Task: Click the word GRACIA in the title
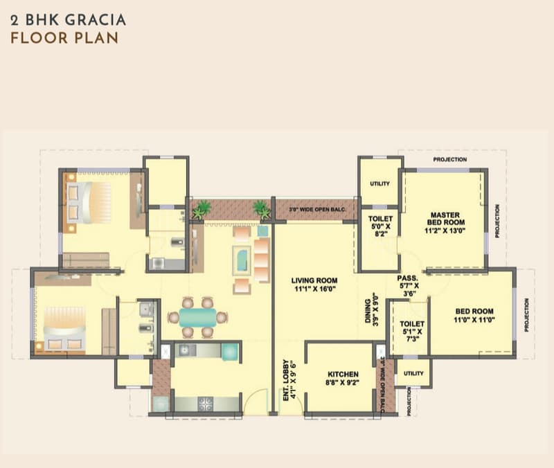tap(96, 20)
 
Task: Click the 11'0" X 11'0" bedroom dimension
tap(474, 320)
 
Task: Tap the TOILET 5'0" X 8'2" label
tap(380, 226)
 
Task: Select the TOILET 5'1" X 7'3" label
tap(412, 331)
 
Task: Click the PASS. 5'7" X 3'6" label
tap(408, 286)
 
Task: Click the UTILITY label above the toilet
tap(379, 183)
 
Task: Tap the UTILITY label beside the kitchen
tap(413, 373)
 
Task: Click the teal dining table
tap(197, 318)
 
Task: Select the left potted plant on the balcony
tap(201, 210)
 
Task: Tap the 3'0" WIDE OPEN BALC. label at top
tap(317, 210)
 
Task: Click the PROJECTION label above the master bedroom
tap(449, 160)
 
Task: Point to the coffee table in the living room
tap(242, 261)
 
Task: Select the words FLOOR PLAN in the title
tap(64, 38)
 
